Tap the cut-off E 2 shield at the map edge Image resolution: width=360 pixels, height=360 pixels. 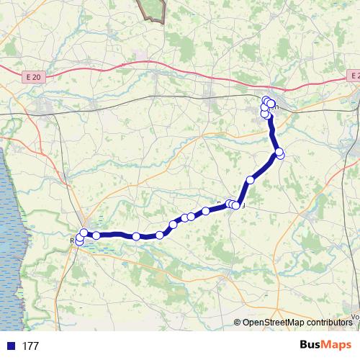352,75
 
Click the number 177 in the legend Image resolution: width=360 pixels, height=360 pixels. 30,346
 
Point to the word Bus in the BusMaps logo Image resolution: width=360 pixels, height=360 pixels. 312,345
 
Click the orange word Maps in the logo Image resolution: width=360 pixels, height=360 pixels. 337,345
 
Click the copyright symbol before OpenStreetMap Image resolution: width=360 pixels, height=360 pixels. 238,323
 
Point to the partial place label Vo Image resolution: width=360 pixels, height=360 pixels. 354,315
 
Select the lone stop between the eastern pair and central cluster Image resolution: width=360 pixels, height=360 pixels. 251,180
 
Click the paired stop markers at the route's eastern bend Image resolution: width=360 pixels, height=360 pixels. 279,153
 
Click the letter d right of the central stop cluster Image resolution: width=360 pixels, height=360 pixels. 243,206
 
